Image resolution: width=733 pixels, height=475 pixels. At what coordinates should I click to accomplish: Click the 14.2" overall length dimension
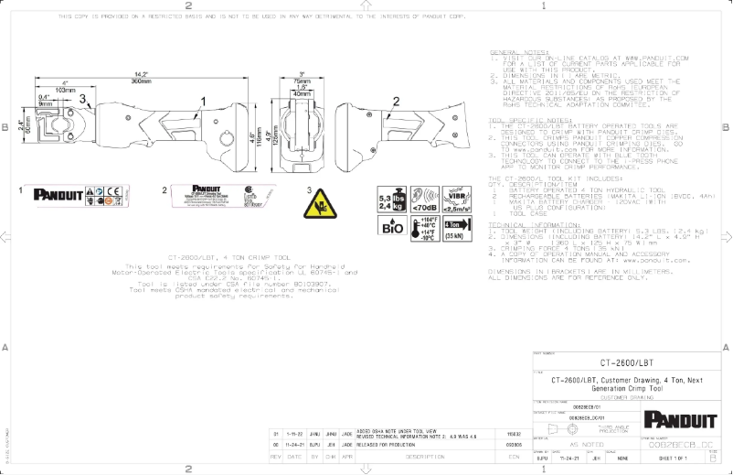pos(141,74)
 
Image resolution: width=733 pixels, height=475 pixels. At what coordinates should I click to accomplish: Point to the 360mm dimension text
pos(141,81)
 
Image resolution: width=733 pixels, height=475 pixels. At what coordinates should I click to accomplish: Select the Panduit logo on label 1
pos(58,194)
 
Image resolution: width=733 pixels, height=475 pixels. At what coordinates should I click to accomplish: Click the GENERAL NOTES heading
pos(518,52)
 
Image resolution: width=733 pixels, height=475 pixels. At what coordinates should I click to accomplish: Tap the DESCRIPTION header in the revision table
pos(424,455)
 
